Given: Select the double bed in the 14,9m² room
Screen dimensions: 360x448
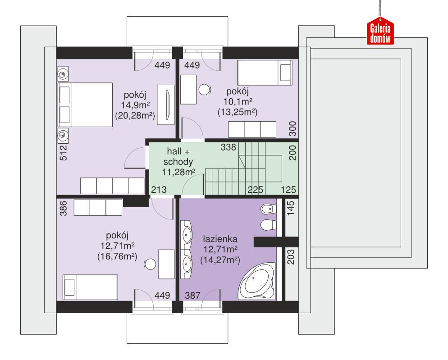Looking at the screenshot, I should (x=84, y=105).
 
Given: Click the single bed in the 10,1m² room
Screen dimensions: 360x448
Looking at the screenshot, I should (x=265, y=72).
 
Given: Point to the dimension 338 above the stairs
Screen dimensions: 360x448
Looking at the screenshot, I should (x=229, y=147).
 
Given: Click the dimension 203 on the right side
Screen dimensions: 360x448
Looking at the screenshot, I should (x=291, y=258).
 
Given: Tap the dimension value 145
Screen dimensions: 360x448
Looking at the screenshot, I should (x=291, y=209).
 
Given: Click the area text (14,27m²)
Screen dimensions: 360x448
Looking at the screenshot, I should (x=220, y=260).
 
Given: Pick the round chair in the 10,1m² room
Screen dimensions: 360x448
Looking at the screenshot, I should (x=205, y=89).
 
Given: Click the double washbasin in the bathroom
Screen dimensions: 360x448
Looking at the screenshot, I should (x=187, y=248).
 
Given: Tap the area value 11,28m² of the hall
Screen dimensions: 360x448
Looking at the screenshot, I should (x=178, y=172).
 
